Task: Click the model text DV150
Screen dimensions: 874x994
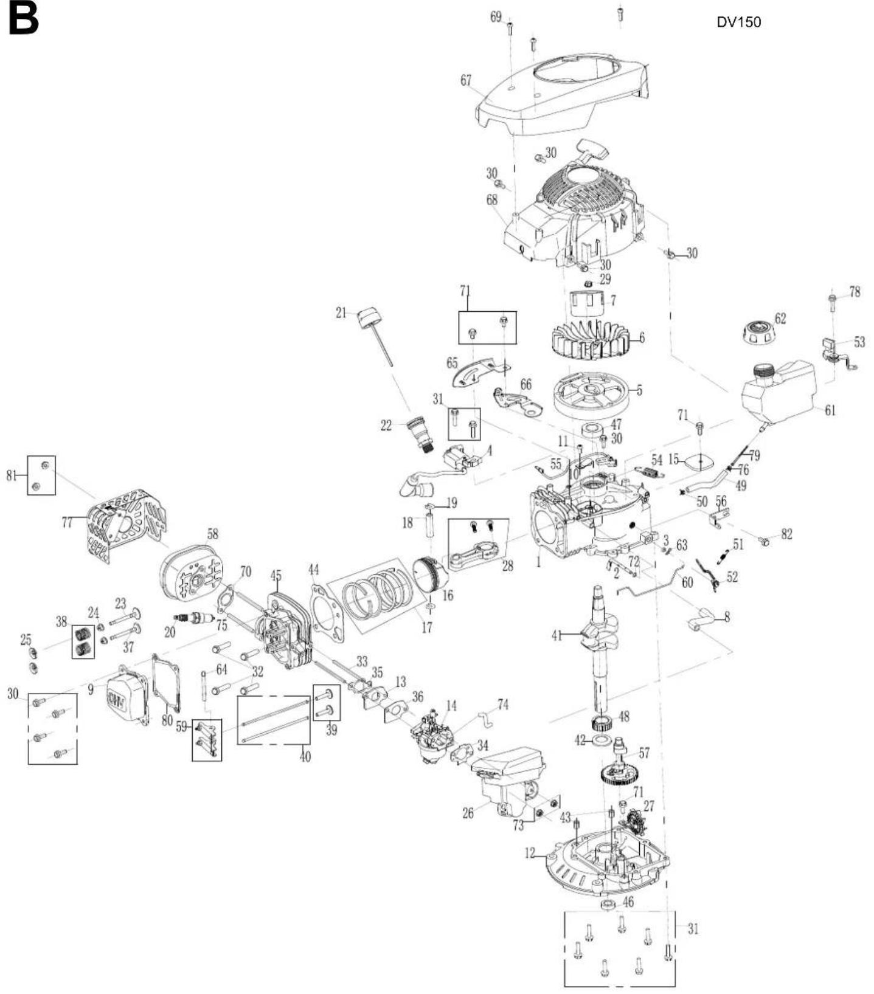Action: (x=738, y=22)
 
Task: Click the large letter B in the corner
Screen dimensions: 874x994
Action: (x=23, y=19)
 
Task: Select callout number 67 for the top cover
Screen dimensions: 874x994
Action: (x=466, y=80)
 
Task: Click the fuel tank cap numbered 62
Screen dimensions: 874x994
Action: (x=758, y=330)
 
